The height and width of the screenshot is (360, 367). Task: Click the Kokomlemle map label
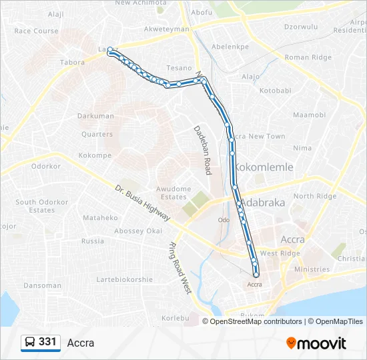(265, 167)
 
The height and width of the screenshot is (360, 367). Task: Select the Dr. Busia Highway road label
(142, 203)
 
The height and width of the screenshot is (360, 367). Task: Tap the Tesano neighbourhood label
(179, 68)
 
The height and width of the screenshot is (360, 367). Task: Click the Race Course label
(36, 31)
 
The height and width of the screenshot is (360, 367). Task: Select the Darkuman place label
(95, 116)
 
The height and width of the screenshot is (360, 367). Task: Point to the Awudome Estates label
(173, 193)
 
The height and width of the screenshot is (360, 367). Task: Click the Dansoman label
(42, 285)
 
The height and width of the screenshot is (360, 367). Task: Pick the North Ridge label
(315, 196)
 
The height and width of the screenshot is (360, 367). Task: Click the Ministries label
(312, 269)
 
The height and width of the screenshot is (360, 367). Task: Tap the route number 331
(47, 342)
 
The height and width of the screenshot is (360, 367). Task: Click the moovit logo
(316, 343)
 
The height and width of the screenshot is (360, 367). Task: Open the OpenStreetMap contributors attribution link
(256, 321)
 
